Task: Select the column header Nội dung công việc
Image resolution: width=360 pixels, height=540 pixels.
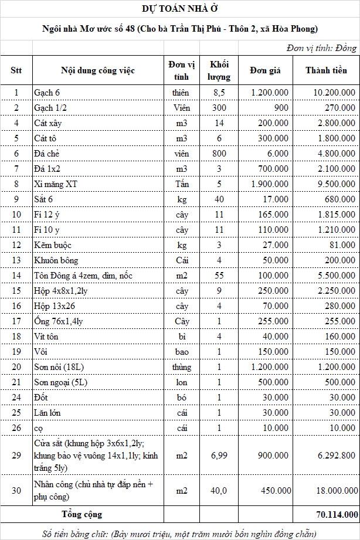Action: coord(98,70)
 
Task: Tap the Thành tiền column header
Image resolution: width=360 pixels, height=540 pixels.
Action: coord(326,70)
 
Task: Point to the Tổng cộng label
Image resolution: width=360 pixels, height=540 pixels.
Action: coord(82,514)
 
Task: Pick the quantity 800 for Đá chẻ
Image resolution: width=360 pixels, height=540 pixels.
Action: coord(219,154)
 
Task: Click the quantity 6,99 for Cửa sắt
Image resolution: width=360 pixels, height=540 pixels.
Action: coord(219,455)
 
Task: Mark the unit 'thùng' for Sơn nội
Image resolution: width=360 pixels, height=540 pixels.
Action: coord(182,367)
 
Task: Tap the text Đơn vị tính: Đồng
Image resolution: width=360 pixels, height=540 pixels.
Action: coord(321,48)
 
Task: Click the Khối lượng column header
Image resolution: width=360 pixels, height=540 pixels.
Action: coord(219,70)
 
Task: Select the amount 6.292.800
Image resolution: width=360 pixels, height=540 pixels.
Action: coord(335,455)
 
